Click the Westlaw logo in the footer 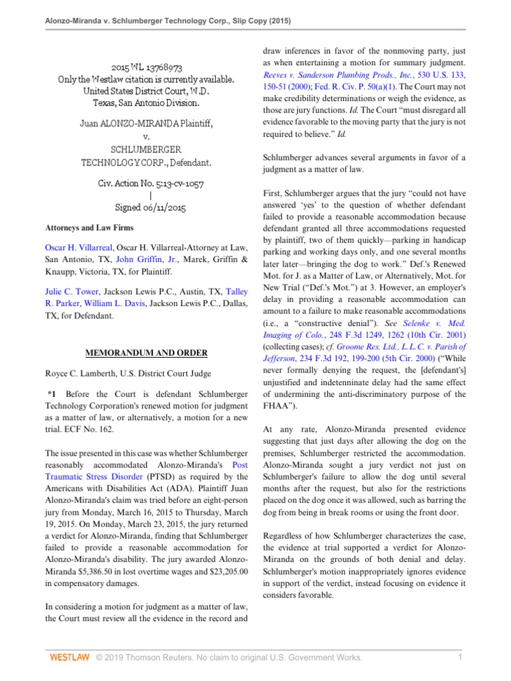pyautogui.click(x=70, y=658)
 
